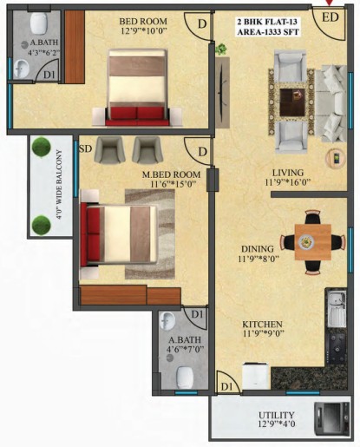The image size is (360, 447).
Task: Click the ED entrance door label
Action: (331, 17)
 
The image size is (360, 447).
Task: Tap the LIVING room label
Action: (288, 173)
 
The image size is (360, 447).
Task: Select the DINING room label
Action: (258, 249)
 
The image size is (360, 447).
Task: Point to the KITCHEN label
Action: (262, 324)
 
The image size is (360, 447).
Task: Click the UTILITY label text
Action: (277, 415)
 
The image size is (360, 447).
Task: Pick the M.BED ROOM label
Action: (171, 174)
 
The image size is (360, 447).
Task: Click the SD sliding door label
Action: (85, 149)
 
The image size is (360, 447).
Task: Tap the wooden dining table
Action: (313, 242)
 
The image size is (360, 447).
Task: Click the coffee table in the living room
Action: (292, 102)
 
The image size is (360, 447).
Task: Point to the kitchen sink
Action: (337, 309)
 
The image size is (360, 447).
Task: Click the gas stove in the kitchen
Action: (337, 349)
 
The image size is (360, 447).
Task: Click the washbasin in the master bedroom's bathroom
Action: (167, 320)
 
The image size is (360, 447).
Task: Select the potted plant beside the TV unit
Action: (221, 49)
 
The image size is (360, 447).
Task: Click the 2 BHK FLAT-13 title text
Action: (267, 22)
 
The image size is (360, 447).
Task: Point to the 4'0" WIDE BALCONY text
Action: (59, 185)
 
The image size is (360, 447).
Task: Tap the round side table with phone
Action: (336, 159)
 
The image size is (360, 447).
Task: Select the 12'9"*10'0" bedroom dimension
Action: (143, 30)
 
